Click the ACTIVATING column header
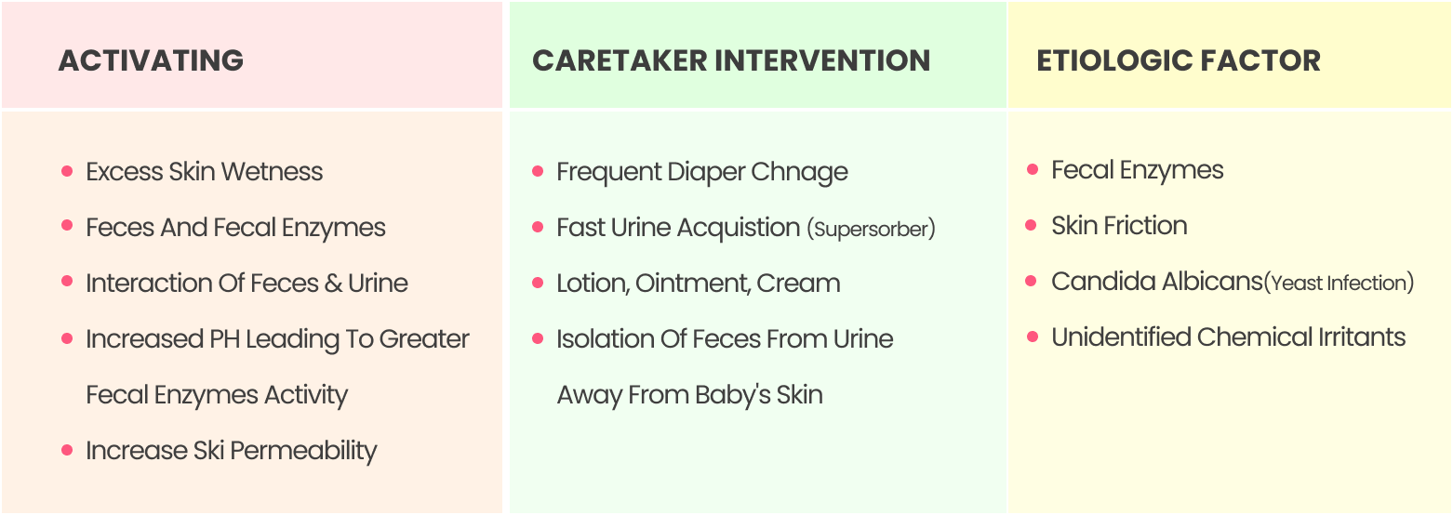151,60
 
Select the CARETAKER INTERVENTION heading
731,60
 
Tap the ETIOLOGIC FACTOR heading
1178,60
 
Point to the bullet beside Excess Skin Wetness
67,171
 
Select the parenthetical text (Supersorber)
872,229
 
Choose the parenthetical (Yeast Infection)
1339,283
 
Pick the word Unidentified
1121,337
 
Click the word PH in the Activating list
224,339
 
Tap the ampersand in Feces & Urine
333,284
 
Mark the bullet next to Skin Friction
1032,225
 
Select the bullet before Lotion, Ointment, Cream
537,283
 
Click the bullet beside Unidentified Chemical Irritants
1033,337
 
